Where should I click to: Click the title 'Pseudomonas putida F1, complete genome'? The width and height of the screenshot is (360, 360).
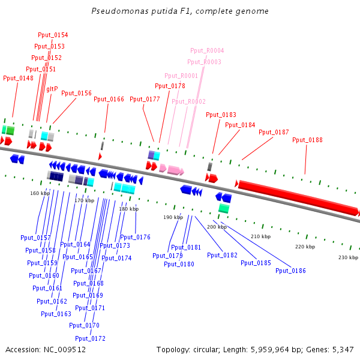[180, 11]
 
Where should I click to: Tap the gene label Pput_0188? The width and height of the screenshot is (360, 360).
[307, 140]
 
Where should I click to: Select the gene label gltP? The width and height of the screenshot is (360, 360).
[52, 89]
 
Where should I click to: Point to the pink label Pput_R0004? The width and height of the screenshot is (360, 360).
[207, 51]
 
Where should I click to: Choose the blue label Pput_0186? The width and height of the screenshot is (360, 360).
[290, 271]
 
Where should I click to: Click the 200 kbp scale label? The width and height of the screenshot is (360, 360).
[217, 227]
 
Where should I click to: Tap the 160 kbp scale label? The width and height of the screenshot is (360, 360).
[40, 193]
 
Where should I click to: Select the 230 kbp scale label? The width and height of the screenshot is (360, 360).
[348, 257]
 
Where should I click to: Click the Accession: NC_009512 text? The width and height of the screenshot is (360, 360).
[46, 349]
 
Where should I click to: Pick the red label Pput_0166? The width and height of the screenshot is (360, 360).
[109, 100]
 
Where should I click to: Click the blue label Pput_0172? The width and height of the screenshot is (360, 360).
[91, 339]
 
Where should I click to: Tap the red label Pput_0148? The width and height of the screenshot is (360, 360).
[18, 78]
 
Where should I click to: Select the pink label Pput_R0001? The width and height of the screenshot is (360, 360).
[181, 76]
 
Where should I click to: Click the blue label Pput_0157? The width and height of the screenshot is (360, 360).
[35, 238]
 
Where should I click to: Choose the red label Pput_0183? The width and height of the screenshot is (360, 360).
[221, 115]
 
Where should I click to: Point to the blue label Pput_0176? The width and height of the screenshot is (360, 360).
[136, 238]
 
